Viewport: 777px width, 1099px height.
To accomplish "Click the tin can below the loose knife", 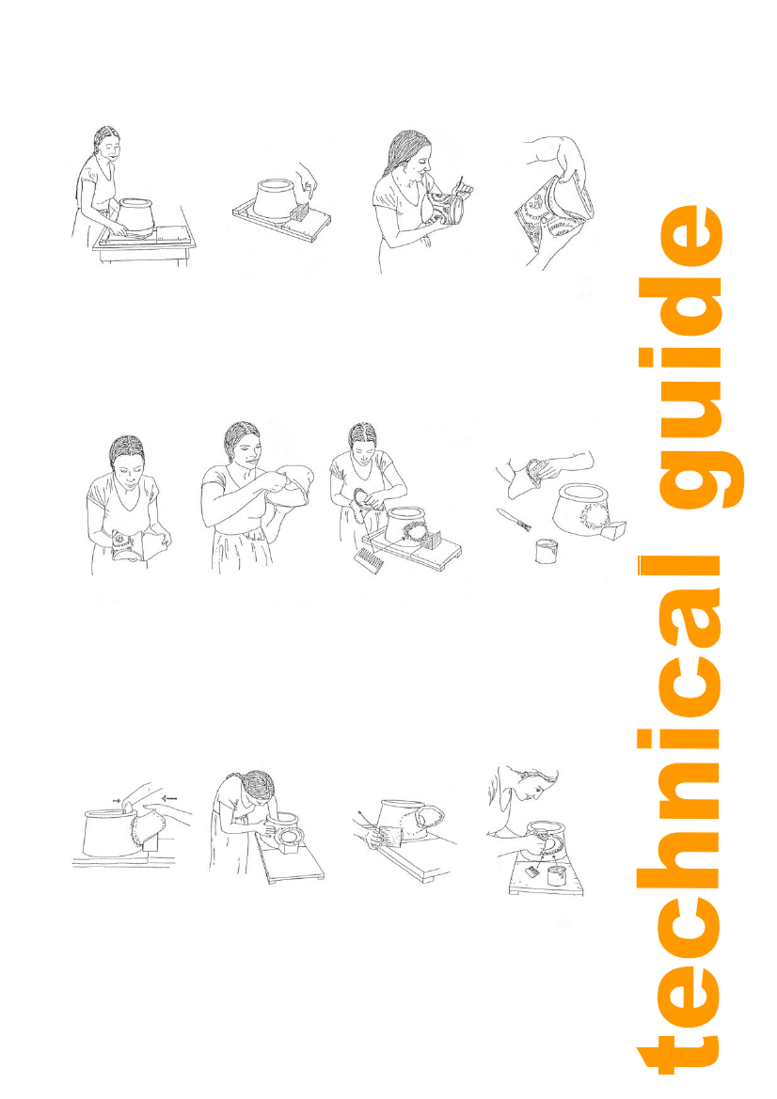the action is click(547, 550).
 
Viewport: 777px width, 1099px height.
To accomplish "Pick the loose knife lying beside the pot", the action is click(514, 519).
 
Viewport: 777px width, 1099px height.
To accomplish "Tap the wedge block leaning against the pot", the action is click(613, 529).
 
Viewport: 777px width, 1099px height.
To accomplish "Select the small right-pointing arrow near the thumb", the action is click(117, 799).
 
